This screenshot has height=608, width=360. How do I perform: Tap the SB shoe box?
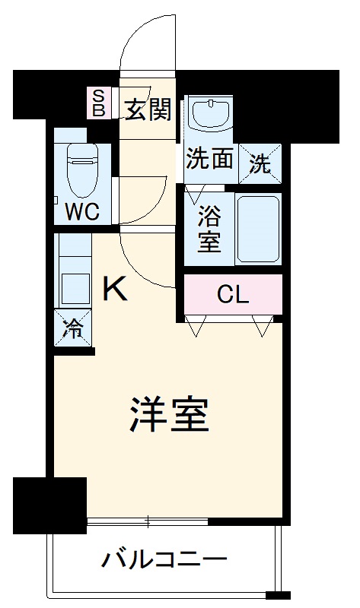click(x=98, y=102)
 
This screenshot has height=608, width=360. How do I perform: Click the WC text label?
click(x=81, y=211)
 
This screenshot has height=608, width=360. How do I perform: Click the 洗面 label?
click(x=209, y=160)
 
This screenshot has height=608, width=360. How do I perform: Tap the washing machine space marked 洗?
click(x=260, y=163)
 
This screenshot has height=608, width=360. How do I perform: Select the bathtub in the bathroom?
click(x=258, y=228)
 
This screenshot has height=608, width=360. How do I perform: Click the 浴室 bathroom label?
click(x=209, y=229)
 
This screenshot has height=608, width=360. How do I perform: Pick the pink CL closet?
click(x=233, y=295)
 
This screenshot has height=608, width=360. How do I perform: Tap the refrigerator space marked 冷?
click(x=73, y=329)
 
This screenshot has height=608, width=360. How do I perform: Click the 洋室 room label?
click(x=169, y=415)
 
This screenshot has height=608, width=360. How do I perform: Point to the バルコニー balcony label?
click(x=164, y=562)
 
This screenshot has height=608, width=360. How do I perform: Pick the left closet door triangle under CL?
click(x=196, y=328)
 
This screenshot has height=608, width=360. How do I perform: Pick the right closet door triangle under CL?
click(x=263, y=328)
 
